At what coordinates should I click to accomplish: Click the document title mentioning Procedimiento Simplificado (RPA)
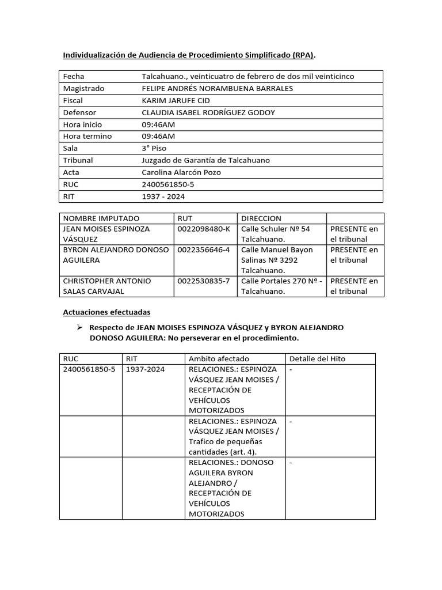click(189, 55)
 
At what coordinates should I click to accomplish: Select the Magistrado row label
click(83, 89)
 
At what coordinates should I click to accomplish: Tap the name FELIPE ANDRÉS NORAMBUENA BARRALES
click(217, 89)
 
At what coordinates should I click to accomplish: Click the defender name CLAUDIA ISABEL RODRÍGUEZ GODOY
click(208, 112)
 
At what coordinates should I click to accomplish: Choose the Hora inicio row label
click(83, 124)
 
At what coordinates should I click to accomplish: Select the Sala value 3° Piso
click(154, 148)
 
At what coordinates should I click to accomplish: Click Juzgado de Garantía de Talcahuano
click(205, 160)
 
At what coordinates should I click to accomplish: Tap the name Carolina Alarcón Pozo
click(181, 172)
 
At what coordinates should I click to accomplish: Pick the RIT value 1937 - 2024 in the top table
click(163, 196)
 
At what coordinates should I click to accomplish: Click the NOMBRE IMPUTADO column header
click(101, 218)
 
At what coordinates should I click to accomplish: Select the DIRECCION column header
click(261, 218)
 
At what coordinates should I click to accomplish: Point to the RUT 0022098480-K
click(204, 229)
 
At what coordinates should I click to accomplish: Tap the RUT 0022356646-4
click(204, 249)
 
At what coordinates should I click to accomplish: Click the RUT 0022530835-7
click(204, 281)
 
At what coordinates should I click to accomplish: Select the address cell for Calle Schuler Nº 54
click(276, 233)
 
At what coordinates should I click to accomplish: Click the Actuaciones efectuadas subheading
click(106, 312)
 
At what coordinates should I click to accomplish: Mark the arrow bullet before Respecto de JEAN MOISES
click(80, 327)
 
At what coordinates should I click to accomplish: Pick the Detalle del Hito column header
click(317, 358)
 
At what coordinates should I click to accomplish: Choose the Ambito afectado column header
click(219, 358)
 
